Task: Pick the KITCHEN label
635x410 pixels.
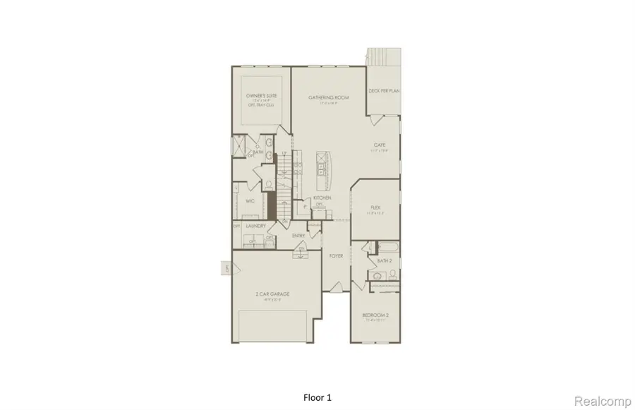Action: pos(322,198)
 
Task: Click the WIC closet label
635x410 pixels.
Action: pos(249,201)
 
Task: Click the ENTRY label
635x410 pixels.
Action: pos(298,235)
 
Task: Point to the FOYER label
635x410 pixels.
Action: pos(336,255)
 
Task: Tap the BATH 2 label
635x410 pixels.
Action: pos(384,261)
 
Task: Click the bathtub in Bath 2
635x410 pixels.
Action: pos(387,248)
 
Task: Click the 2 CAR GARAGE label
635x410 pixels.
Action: pos(272,294)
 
